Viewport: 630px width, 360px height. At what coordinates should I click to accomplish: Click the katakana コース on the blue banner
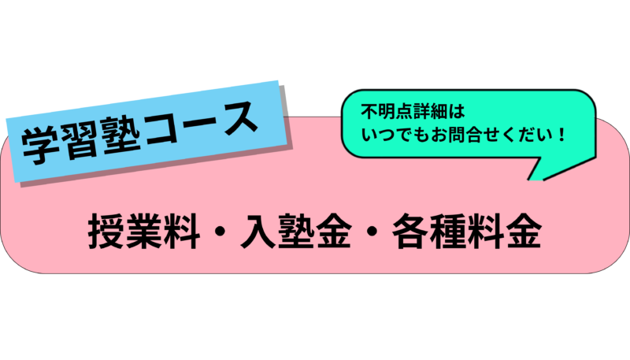(205, 116)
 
